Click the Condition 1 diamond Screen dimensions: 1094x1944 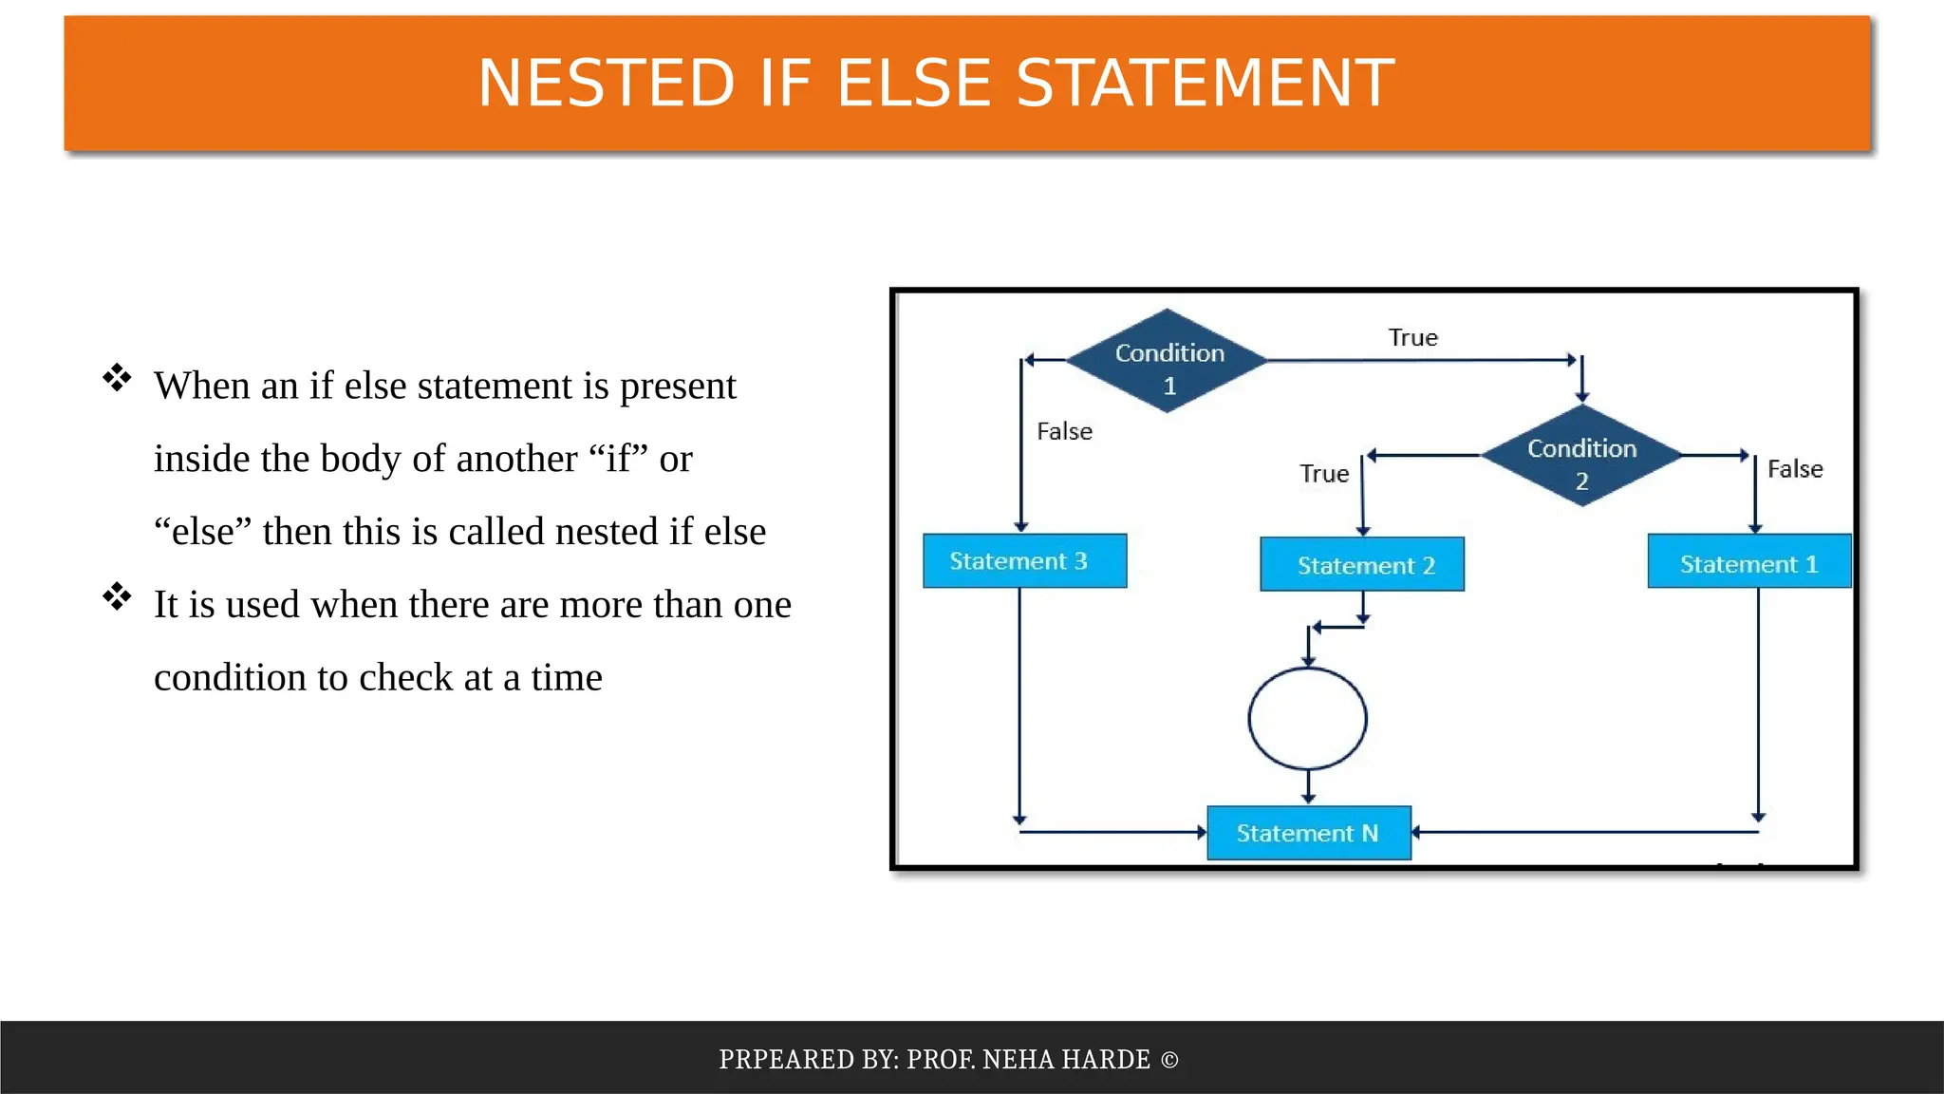click(1168, 361)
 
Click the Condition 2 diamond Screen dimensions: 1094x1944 click(1581, 456)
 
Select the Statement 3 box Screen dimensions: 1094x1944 click(1024, 561)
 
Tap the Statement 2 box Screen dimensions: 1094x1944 click(1362, 565)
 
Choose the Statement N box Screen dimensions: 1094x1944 click(1308, 833)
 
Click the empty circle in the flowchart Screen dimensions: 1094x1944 click(1307, 718)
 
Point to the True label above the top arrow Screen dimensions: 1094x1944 click(1412, 338)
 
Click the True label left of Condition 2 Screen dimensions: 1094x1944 click(1324, 474)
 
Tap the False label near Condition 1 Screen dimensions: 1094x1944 click(1064, 432)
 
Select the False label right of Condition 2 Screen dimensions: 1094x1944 click(1795, 469)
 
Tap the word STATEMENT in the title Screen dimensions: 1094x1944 click(1206, 84)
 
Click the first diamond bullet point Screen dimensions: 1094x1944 click(117, 378)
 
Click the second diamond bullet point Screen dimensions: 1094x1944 click(117, 596)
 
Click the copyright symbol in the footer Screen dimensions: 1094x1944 click(1169, 1060)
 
